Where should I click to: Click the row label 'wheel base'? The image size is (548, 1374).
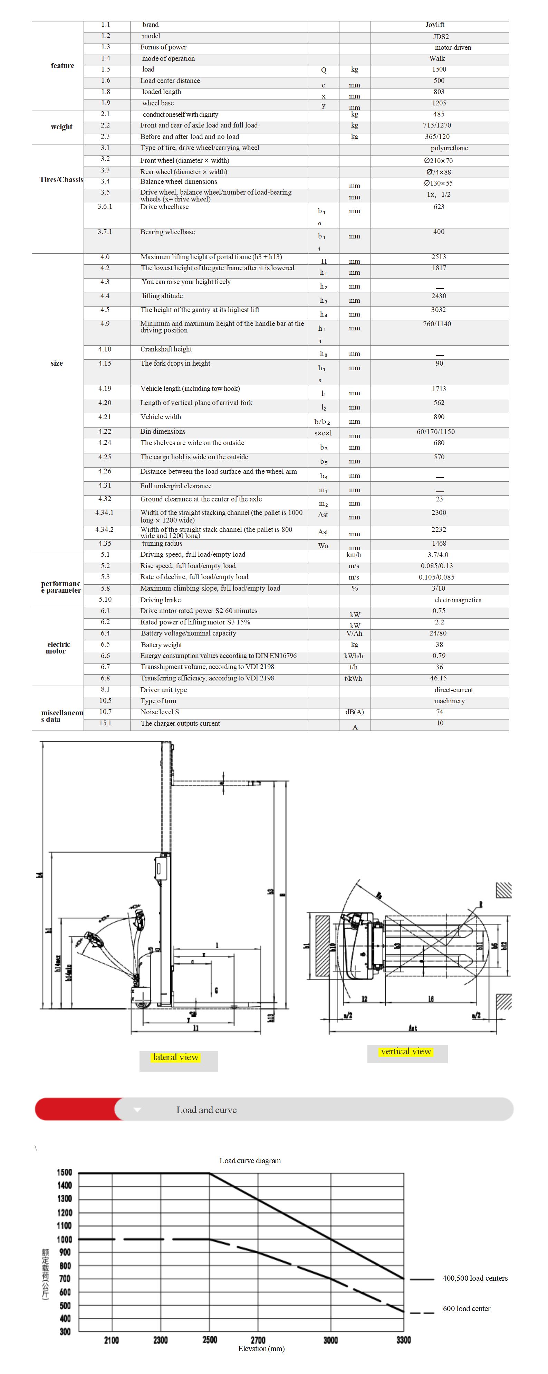(158, 103)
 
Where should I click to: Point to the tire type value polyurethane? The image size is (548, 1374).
(449, 148)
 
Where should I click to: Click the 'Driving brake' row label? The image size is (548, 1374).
(161, 600)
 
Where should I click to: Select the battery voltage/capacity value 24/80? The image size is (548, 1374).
(438, 633)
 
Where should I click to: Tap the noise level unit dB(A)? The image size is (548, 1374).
(355, 712)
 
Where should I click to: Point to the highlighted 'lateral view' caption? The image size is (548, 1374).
(175, 1057)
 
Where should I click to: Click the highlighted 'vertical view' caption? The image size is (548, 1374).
(406, 1051)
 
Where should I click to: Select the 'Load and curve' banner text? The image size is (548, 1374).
(206, 1110)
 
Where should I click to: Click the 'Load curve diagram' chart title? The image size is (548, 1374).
(250, 1161)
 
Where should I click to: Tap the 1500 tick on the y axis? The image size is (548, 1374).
(65, 1173)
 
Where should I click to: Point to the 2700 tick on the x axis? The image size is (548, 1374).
(258, 1340)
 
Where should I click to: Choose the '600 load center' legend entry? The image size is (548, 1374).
(467, 1308)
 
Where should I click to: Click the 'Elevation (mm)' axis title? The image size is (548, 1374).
(261, 1348)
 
